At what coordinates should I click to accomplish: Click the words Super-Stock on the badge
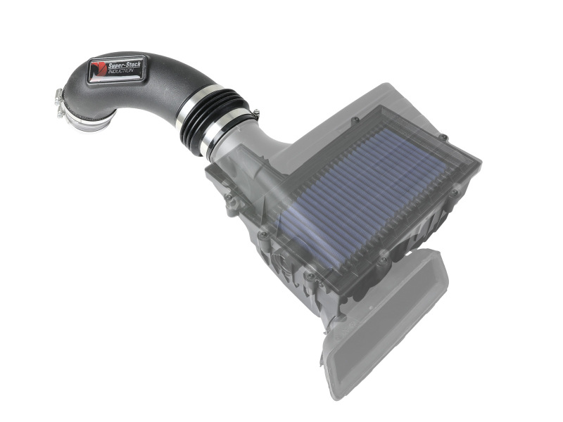pyautogui.click(x=126, y=65)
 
